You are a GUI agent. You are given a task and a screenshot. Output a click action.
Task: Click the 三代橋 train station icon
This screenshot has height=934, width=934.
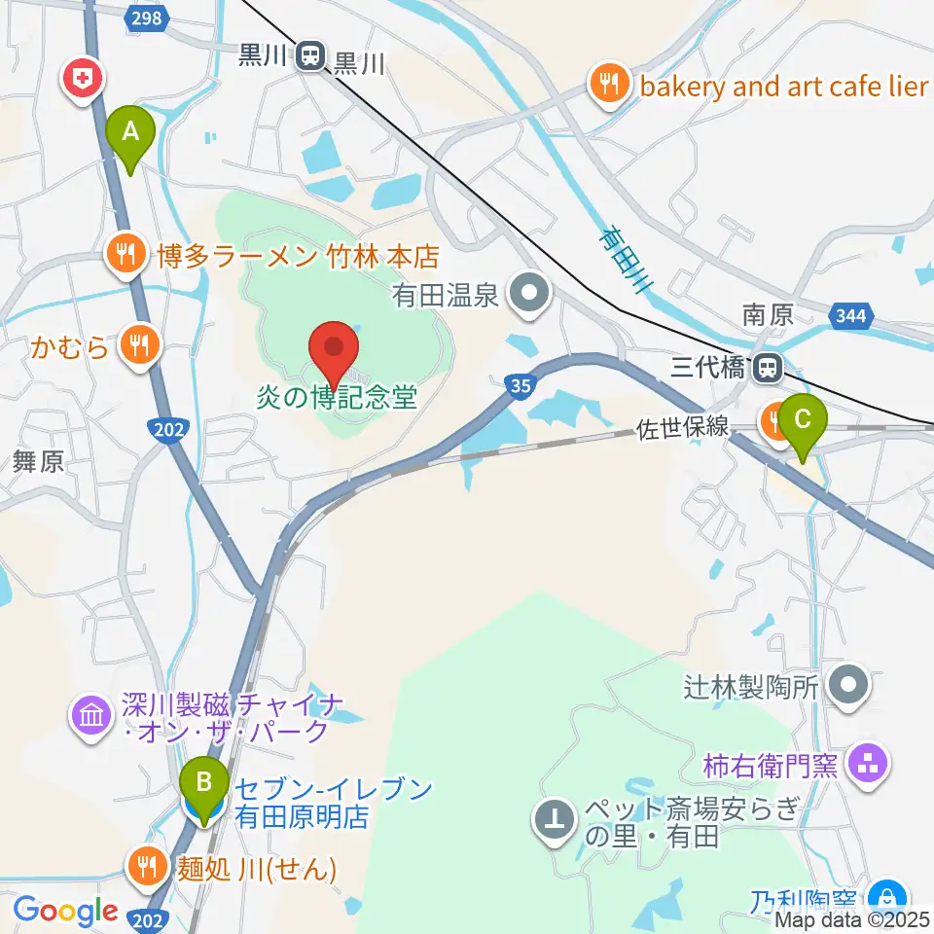coord(769,367)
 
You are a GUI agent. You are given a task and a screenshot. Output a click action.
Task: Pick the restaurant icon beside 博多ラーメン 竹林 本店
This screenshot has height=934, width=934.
coord(125,255)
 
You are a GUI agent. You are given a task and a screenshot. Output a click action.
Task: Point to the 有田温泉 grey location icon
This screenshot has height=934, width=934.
coord(531,291)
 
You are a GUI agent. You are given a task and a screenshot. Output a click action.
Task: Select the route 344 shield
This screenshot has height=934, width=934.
coord(853,316)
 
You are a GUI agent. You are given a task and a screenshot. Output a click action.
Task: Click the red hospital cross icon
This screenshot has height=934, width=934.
coord(83,78)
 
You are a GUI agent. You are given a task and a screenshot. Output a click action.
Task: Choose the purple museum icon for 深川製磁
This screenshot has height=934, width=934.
coord(90,716)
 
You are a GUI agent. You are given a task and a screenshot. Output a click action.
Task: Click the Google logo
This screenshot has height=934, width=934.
coord(65,911)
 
